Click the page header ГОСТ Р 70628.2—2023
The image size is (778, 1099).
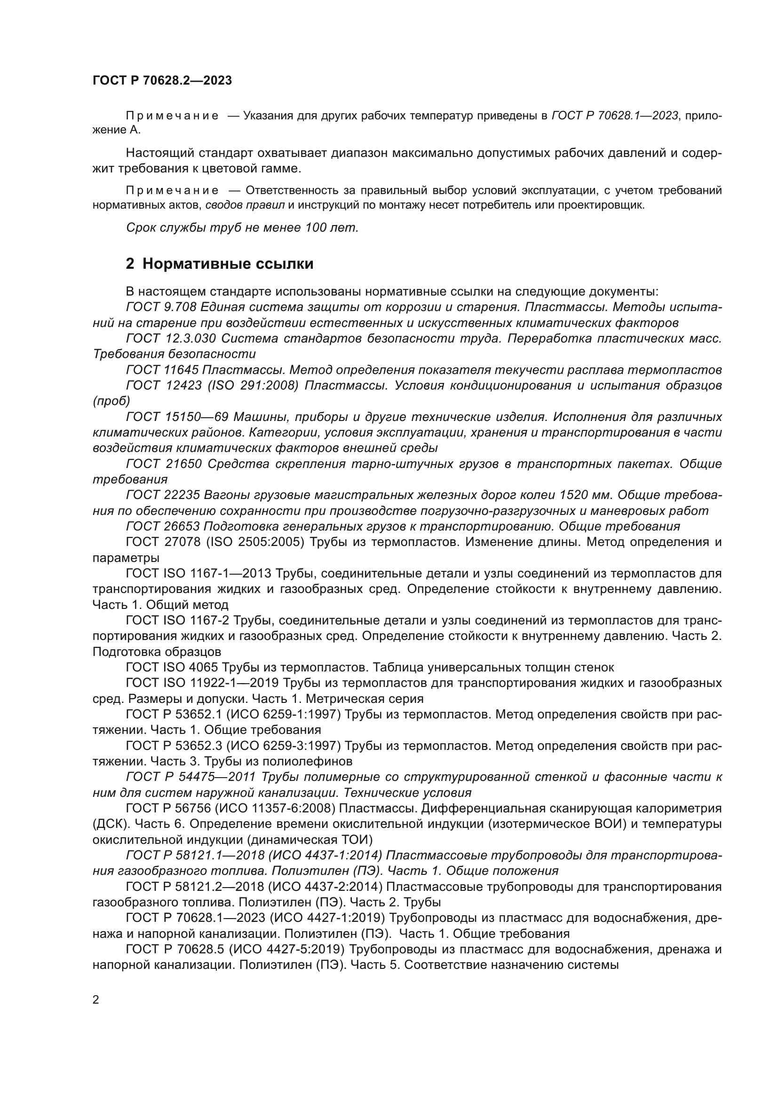(162, 80)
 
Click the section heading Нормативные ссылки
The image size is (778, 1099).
(228, 264)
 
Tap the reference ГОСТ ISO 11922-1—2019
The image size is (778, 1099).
(198, 683)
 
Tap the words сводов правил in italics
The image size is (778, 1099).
(245, 206)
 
